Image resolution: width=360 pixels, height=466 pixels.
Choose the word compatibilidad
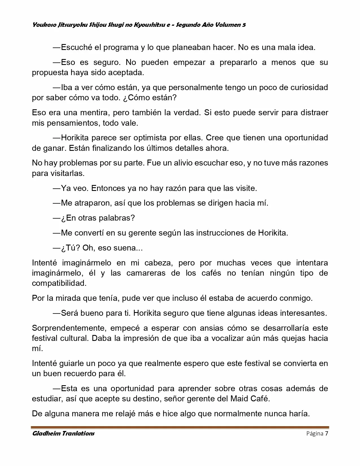[59, 283]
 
